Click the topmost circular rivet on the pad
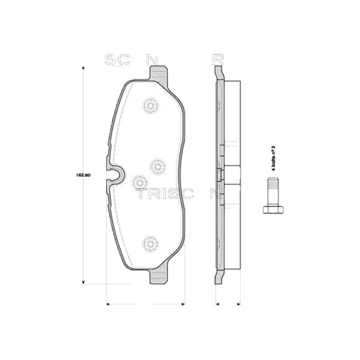[149, 106]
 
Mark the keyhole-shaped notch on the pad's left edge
[114, 175]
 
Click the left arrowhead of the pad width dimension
[107, 304]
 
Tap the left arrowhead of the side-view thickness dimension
[216, 304]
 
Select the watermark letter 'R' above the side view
[217, 59]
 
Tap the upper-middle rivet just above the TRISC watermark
[157, 164]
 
